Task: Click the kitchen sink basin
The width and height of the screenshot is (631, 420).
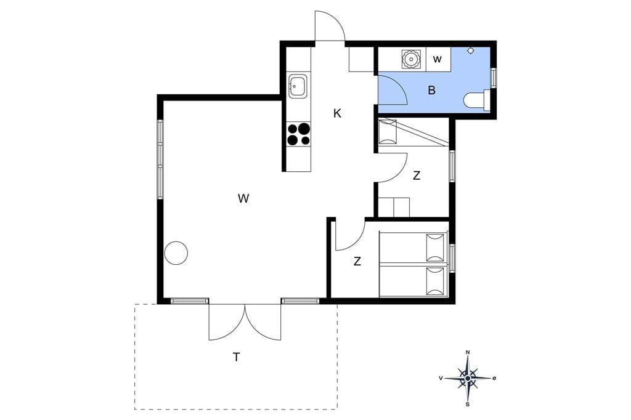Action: coord(298,86)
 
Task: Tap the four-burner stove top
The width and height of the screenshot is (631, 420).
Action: coord(299,134)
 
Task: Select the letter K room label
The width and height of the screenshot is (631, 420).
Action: coord(337,113)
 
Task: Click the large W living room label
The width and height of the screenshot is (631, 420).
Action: coord(243,198)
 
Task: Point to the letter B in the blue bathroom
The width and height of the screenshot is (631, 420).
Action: coord(432,90)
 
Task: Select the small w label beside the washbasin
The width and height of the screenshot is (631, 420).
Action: coord(438,60)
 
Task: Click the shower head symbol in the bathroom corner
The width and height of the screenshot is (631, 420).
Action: coord(470,51)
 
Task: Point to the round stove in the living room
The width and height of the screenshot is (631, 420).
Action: coord(176,252)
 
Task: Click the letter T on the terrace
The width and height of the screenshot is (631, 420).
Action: coord(236,357)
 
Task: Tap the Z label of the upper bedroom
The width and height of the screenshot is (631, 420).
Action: coord(417,176)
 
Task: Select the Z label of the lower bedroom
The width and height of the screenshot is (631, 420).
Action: coord(357,262)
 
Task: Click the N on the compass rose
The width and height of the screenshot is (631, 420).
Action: coord(468,352)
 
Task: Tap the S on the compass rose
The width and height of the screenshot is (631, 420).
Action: coord(468,405)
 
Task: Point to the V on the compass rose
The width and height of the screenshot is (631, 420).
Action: coord(441,378)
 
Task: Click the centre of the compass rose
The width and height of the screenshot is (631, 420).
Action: coord(468,378)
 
